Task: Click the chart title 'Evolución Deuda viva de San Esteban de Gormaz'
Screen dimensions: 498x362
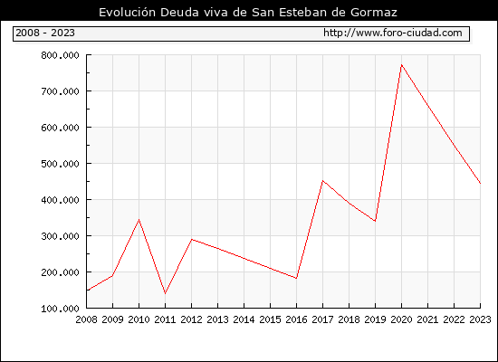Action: click(248, 12)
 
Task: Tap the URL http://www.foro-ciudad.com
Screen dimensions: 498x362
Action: click(393, 33)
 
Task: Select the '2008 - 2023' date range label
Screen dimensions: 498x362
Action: click(45, 33)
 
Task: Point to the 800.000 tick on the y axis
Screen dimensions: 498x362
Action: click(60, 55)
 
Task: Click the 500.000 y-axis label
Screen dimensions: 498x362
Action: click(60, 164)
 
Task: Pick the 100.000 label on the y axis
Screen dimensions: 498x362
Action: click(60, 309)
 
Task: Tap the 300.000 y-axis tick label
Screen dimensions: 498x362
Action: click(60, 236)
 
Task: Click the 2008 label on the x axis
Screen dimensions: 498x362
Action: click(86, 319)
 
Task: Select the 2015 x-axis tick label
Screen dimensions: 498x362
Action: click(271, 319)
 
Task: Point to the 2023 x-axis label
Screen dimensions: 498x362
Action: click(480, 319)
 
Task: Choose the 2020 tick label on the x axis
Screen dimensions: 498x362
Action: click(401, 319)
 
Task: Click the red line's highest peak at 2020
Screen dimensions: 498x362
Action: click(401, 65)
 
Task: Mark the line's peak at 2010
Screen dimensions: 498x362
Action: click(139, 219)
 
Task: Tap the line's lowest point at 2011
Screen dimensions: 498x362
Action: click(165, 294)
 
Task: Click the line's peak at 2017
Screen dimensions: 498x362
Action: click(322, 181)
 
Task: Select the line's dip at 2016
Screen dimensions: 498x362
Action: click(296, 278)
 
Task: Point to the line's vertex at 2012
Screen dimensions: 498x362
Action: click(192, 239)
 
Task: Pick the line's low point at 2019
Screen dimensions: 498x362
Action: click(375, 221)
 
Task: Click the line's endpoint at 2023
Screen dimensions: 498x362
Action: click(480, 183)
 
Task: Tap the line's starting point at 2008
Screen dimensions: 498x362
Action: click(87, 291)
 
